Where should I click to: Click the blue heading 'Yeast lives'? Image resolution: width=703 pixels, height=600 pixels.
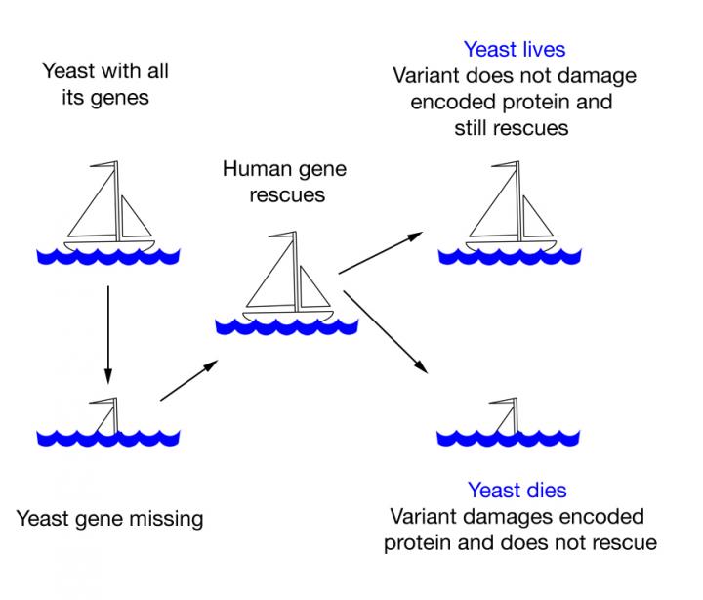click(514, 49)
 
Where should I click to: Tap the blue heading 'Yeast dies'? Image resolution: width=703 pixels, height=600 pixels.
click(517, 491)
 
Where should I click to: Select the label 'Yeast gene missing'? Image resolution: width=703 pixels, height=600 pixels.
click(109, 518)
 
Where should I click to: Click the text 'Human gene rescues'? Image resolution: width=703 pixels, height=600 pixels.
click(284, 182)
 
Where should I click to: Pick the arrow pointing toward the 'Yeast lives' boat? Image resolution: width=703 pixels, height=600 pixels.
click(380, 254)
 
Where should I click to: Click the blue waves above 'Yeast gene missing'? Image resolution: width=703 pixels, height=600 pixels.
click(107, 434)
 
